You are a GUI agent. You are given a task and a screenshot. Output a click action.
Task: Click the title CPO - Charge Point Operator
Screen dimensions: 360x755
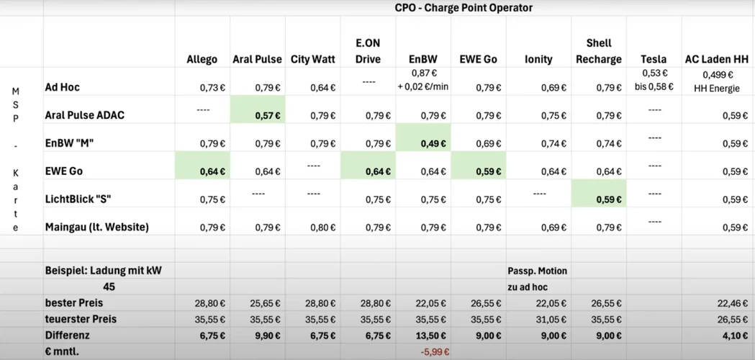click(x=464, y=8)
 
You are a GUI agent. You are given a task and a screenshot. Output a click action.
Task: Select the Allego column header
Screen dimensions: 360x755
click(x=202, y=59)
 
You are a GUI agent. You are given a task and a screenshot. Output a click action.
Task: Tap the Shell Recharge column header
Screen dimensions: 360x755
click(x=599, y=51)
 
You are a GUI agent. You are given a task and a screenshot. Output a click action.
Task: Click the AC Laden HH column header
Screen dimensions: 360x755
click(x=717, y=59)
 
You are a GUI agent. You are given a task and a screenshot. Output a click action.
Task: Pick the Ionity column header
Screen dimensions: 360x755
click(x=538, y=59)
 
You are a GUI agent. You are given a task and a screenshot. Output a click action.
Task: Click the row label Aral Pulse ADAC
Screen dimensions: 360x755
click(x=85, y=115)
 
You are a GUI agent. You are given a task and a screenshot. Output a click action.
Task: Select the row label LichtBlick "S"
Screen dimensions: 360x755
click(x=78, y=199)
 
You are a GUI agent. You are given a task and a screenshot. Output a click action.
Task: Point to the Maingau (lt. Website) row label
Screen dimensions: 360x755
click(x=96, y=227)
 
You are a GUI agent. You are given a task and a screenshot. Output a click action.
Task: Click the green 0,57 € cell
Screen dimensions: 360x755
click(x=267, y=115)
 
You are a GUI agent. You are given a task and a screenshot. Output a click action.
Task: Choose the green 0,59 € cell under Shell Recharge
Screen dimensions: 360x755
click(x=609, y=199)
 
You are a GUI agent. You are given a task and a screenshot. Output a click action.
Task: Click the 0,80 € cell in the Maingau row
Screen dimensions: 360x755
click(x=322, y=228)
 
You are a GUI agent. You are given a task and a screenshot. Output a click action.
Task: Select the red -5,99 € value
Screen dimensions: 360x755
click(x=435, y=352)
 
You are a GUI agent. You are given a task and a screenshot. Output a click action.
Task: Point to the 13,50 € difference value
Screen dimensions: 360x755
click(x=431, y=336)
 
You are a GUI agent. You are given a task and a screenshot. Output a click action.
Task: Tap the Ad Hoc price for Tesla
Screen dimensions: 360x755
click(x=654, y=79)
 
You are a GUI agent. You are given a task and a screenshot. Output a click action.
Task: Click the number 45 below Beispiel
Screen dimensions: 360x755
click(x=109, y=287)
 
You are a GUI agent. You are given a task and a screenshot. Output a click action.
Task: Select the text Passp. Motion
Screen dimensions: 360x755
click(x=537, y=271)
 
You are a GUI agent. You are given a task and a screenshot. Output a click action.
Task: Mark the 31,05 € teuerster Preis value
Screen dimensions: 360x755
click(x=552, y=319)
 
